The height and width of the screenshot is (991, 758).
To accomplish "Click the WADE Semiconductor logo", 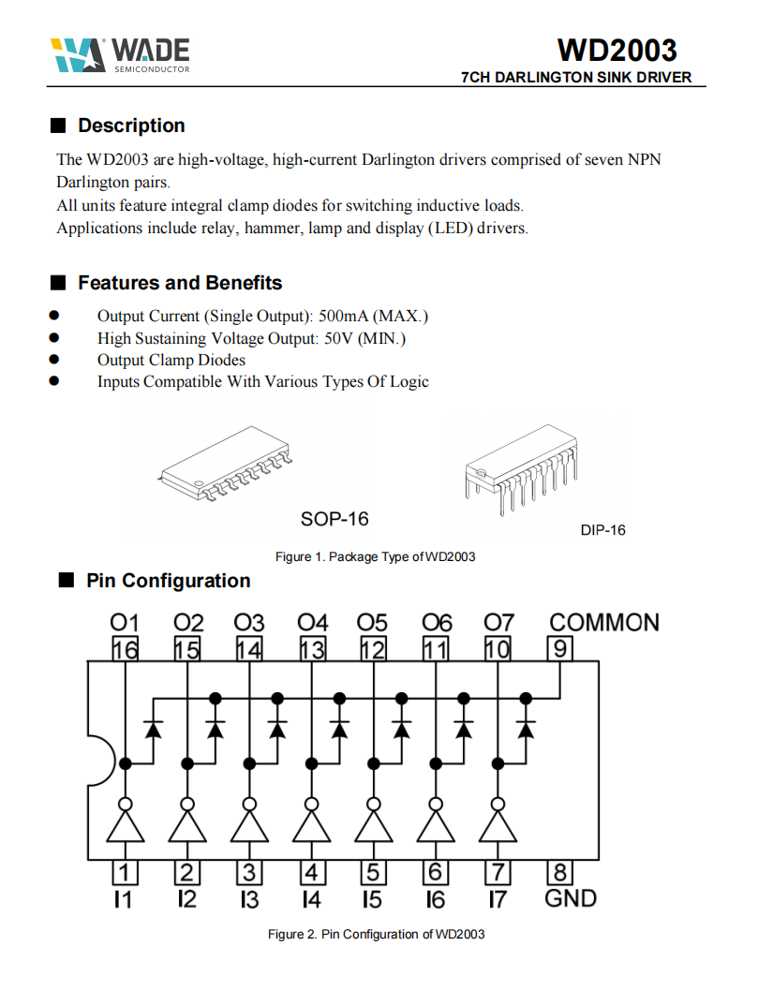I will [120, 55].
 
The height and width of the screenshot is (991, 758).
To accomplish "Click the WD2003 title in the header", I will [617, 49].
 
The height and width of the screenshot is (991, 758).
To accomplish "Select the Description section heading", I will [131, 126].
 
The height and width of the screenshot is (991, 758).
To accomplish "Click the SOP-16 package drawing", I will [227, 464].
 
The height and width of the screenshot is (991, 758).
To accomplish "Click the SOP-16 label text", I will [334, 518].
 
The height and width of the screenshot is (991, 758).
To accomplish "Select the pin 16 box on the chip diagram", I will [125, 648].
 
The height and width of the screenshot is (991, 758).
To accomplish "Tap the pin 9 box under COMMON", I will [560, 648].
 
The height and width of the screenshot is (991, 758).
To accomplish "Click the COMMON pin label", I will [603, 623].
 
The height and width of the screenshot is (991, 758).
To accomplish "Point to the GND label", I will [571, 898].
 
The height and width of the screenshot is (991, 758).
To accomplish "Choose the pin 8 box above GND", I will [559, 872].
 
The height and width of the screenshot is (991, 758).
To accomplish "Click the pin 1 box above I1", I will [125, 872].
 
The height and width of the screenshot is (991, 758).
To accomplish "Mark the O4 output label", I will [313, 623].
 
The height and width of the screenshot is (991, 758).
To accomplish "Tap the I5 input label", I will [373, 899].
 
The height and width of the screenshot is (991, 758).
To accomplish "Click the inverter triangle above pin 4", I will [312, 827].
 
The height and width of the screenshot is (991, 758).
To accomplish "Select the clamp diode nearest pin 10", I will [526, 727].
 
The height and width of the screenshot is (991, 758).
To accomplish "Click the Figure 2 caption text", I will [376, 934].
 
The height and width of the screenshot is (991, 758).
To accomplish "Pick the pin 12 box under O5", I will [373, 648].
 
